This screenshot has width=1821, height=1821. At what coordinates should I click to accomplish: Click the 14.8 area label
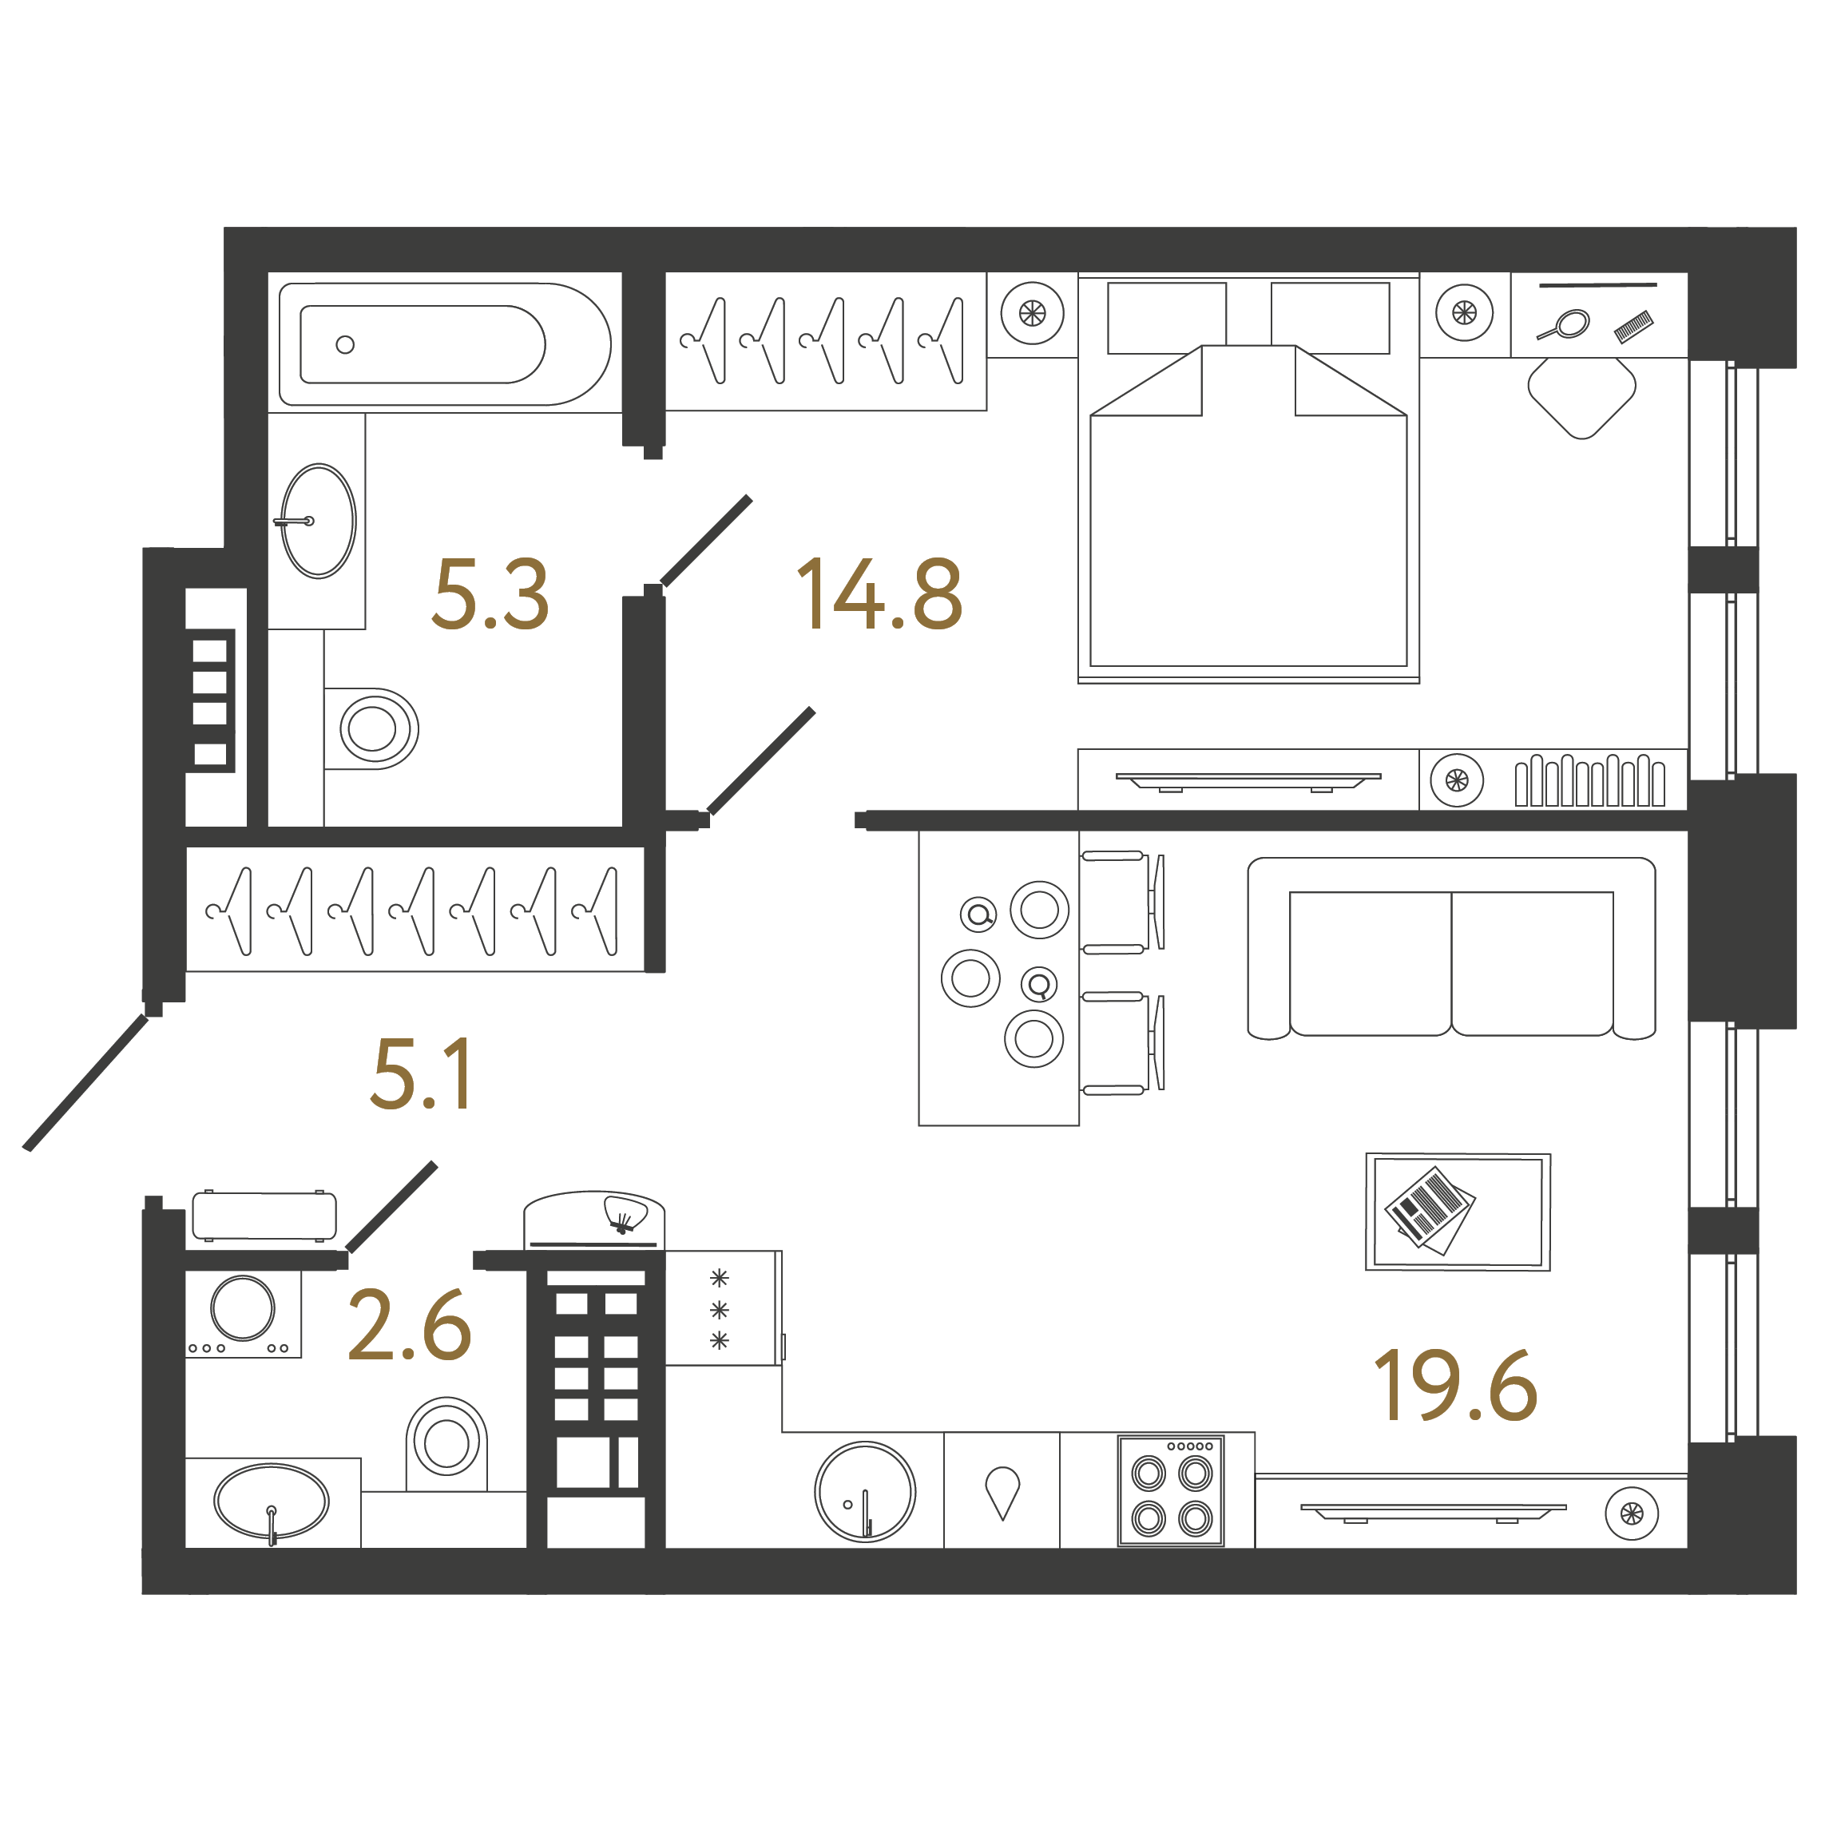click(x=879, y=595)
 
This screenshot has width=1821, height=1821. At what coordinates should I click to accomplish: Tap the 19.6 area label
click(x=1456, y=1386)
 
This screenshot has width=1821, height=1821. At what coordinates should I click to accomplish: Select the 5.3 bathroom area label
click(x=490, y=595)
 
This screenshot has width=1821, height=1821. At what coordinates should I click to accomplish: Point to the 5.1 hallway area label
click(x=422, y=1073)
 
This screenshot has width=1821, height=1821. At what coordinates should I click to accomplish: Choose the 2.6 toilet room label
click(x=409, y=1326)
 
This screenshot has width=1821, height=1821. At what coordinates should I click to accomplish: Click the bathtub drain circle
click(x=345, y=345)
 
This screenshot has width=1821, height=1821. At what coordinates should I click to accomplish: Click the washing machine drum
click(x=242, y=1307)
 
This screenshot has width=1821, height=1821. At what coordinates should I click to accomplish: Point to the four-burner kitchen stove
click(x=1171, y=1491)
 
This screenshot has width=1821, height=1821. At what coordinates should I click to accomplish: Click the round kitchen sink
click(x=864, y=1491)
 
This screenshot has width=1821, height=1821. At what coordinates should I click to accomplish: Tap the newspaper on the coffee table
click(x=1429, y=1210)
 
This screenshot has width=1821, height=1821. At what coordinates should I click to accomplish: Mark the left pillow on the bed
click(x=1166, y=318)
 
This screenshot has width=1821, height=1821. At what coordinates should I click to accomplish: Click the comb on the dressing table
click(x=1633, y=326)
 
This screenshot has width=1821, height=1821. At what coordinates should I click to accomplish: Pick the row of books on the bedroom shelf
click(x=1589, y=780)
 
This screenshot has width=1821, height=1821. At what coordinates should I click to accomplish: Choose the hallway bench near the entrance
click(x=264, y=1216)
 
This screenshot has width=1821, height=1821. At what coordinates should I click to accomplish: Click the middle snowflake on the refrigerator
click(x=719, y=1309)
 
